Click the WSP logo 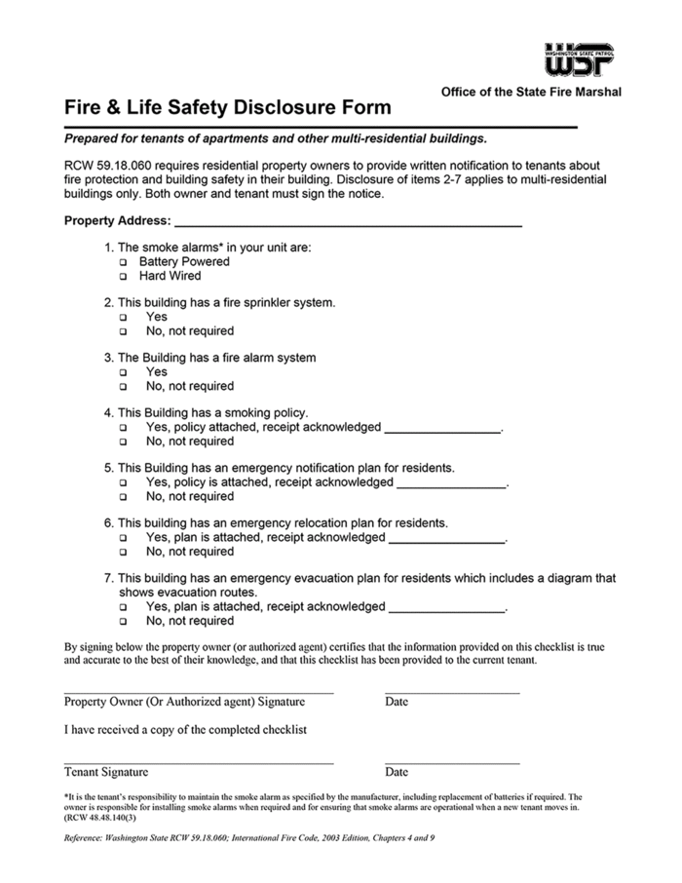[x=579, y=59]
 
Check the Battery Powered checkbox [x=124, y=263]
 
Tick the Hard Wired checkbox [x=124, y=277]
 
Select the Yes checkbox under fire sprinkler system [x=124, y=318]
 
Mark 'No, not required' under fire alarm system [x=124, y=387]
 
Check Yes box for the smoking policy [x=124, y=428]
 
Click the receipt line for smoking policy [x=442, y=429]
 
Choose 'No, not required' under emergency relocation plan [x=124, y=553]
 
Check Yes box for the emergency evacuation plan [x=124, y=607]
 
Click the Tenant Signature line [x=199, y=761]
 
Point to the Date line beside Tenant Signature [x=452, y=761]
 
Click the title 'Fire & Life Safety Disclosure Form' [x=227, y=107]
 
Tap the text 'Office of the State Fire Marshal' [x=531, y=92]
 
